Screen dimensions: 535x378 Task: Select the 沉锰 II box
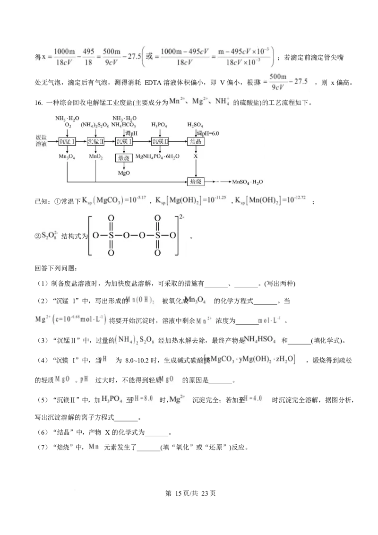pyautogui.click(x=96, y=141)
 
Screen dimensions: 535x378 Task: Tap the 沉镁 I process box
pyautogui.click(x=124, y=141)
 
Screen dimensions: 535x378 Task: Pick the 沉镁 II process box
pyautogui.click(x=160, y=141)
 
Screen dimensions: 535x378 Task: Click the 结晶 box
pyautogui.click(x=196, y=141)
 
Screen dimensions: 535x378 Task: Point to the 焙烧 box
pyautogui.click(x=196, y=181)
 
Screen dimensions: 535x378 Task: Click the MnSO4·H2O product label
pyautogui.click(x=247, y=181)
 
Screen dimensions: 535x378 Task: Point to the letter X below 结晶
pyautogui.click(x=196, y=155)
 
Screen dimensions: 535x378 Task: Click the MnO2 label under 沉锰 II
pyautogui.click(x=95, y=155)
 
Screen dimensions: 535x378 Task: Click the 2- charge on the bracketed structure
pyautogui.click(x=180, y=218)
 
